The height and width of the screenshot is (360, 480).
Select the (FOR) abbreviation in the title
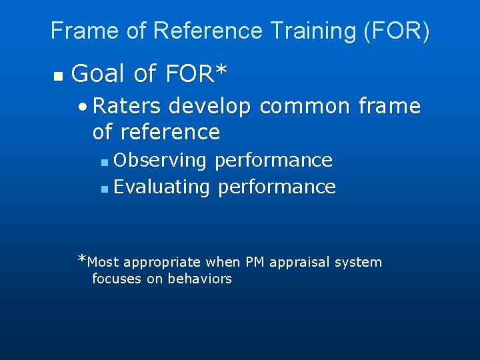[x=399, y=31]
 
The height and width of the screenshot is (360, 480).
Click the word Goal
[x=99, y=74]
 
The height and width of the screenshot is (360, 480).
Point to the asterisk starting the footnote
[x=82, y=259]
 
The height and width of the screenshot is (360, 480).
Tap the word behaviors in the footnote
[x=199, y=279]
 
